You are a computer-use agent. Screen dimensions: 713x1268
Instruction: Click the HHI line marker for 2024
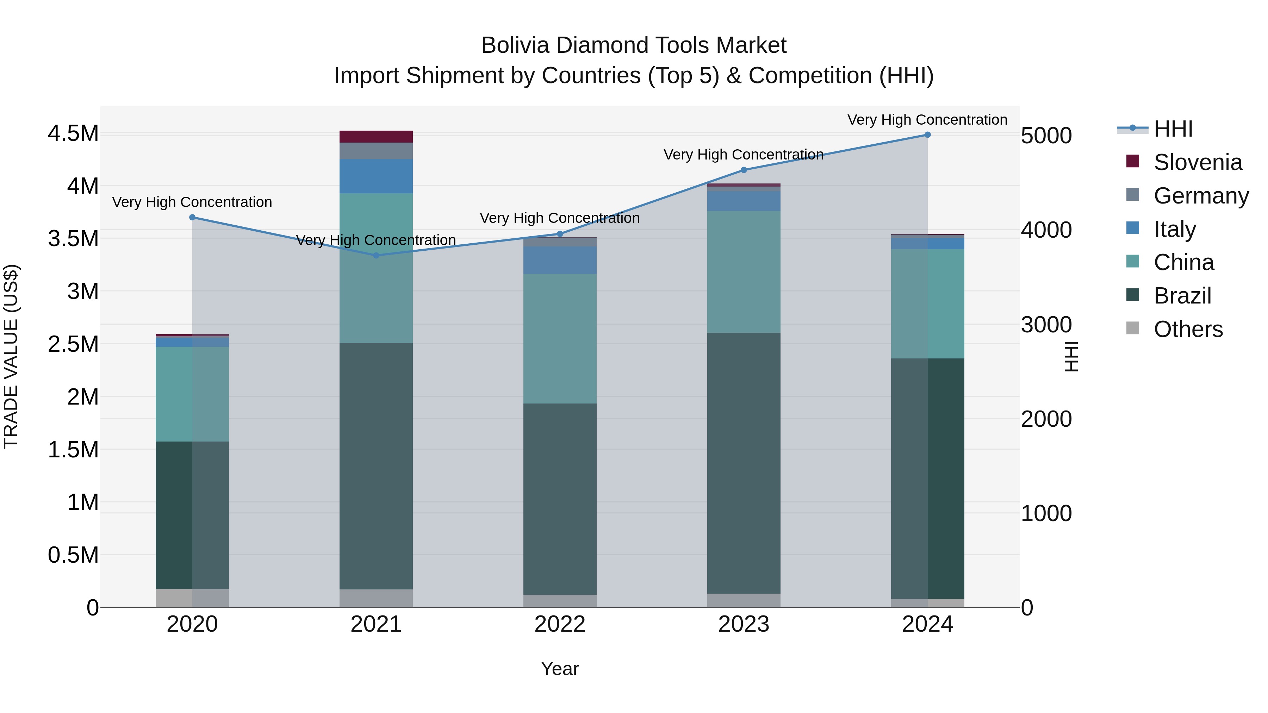click(927, 135)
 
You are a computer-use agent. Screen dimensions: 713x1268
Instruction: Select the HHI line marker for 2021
click(376, 255)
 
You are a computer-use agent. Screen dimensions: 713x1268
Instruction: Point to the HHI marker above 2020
click(192, 217)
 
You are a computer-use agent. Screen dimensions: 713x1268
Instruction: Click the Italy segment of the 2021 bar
click(376, 176)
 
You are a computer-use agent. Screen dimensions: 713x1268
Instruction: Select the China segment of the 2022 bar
click(560, 338)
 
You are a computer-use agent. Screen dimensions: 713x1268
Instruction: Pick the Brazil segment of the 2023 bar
click(744, 463)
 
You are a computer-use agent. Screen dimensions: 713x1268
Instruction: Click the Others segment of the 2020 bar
click(192, 598)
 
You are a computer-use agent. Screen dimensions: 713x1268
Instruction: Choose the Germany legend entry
click(1201, 195)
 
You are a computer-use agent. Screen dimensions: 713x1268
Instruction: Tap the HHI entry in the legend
click(1173, 129)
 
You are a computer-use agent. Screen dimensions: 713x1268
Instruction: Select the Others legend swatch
click(1133, 328)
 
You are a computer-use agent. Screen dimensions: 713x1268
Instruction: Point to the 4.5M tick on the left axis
click(73, 133)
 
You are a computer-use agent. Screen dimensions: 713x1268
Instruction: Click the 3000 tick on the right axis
click(1046, 324)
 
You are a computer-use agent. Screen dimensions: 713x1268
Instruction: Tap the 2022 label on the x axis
click(560, 624)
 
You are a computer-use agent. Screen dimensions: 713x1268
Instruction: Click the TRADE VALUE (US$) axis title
click(11, 356)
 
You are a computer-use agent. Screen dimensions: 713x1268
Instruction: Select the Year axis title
click(560, 669)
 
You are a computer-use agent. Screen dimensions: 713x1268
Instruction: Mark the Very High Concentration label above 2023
click(743, 155)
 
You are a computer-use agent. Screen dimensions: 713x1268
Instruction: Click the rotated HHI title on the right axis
click(1071, 356)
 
